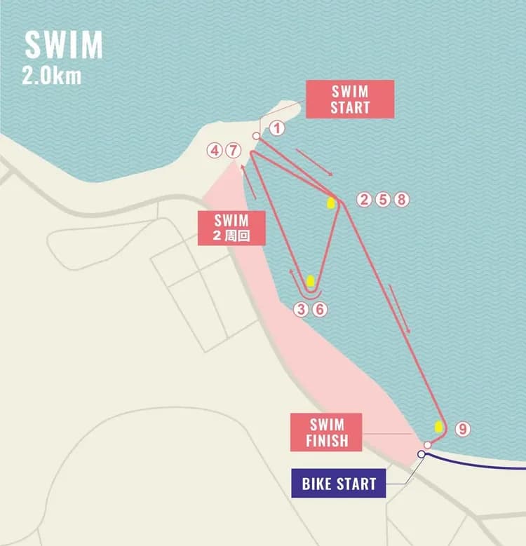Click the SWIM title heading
coord(64,46)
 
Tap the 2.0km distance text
coord(51,76)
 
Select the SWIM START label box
coord(350,99)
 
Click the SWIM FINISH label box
coord(326,432)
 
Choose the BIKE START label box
coord(338,483)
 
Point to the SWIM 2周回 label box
coord(231,228)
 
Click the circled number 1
coord(277,128)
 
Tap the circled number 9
coord(462,428)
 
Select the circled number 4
coord(215,150)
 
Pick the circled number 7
coord(234,150)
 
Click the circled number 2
coord(363,200)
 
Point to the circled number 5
coord(382,200)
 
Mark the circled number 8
coord(400,200)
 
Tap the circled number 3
coord(301,310)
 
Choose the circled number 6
coord(319,310)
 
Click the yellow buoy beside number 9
coord(439,425)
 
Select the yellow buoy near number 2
coord(330,203)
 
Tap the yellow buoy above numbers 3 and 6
coord(310,282)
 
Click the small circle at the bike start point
coord(421,454)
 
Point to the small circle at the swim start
coord(256,136)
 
